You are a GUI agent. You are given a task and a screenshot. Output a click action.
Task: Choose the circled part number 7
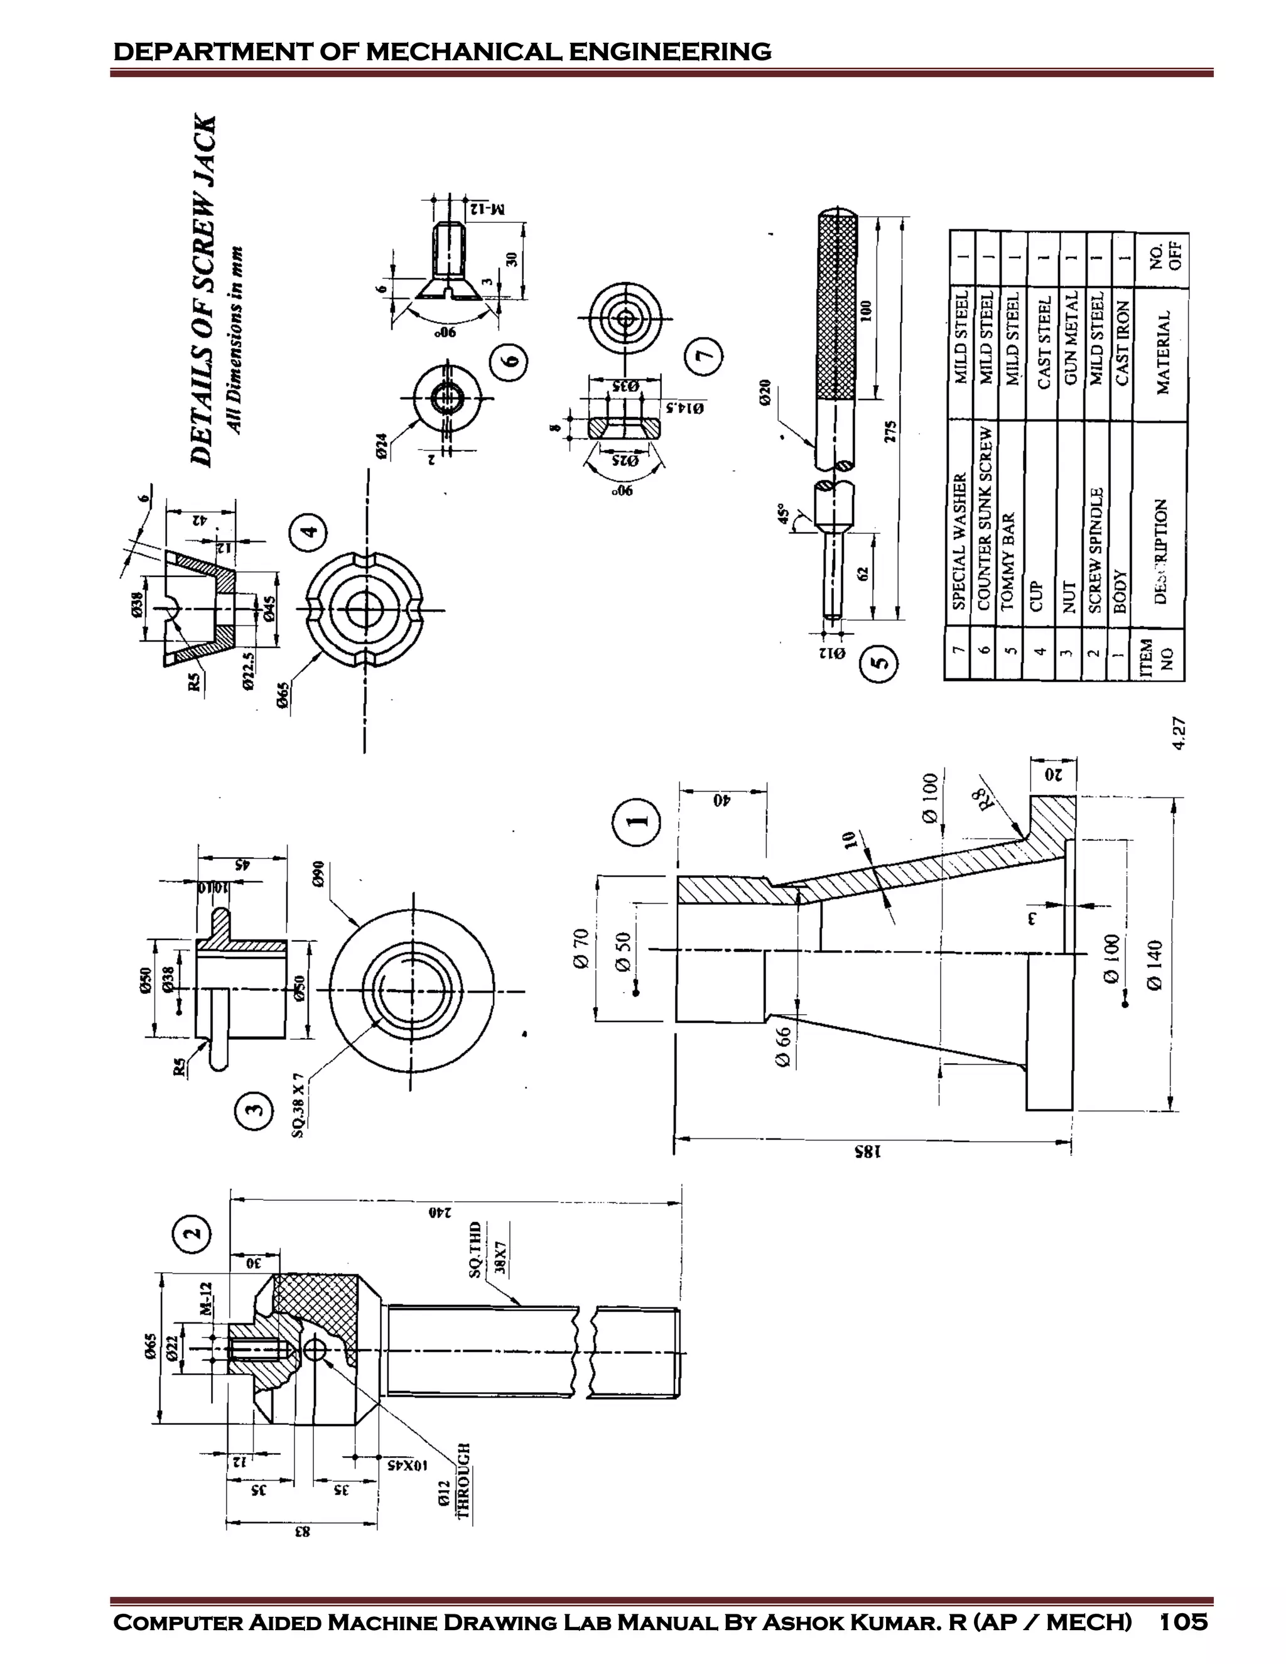pos(703,355)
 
